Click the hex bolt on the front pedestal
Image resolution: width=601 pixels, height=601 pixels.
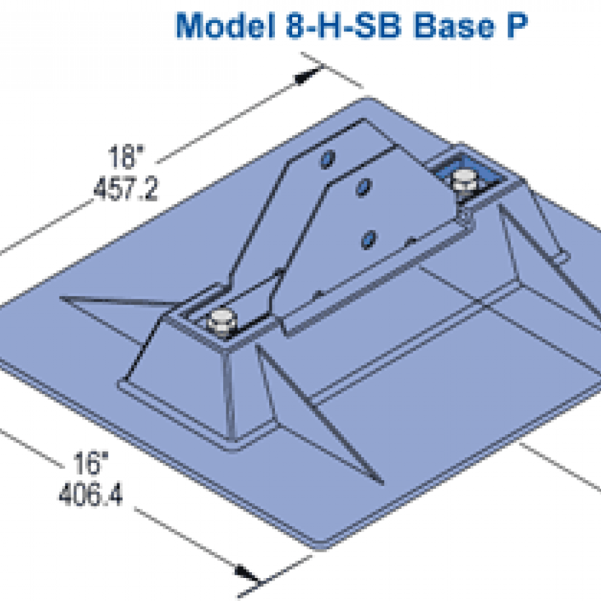tap(220, 322)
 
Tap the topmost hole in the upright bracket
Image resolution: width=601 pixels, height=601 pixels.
tap(328, 158)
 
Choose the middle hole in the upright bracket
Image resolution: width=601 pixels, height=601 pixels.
tap(363, 187)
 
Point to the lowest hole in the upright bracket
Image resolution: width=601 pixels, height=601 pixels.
tap(367, 239)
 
